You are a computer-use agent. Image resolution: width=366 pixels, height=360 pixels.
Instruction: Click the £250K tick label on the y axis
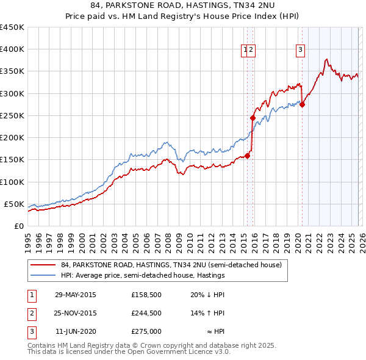point(12,115)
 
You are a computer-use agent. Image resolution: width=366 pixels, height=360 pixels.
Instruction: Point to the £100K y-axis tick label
point(12,182)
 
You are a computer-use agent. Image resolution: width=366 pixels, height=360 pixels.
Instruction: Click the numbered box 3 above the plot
point(301,51)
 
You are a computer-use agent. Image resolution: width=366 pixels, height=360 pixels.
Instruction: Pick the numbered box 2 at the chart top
point(251,51)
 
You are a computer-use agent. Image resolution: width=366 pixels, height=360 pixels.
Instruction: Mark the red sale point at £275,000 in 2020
point(303,104)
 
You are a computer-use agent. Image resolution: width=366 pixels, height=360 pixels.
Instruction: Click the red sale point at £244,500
point(253,118)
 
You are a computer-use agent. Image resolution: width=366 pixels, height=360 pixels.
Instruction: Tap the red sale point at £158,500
point(248,156)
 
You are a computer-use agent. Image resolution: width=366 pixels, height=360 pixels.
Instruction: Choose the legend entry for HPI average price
point(143,275)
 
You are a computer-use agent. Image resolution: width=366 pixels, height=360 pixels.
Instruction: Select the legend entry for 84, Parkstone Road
point(171,265)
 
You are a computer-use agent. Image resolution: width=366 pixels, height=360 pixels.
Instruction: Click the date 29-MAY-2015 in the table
point(75,294)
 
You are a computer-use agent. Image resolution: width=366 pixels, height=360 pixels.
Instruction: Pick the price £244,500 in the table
point(146,313)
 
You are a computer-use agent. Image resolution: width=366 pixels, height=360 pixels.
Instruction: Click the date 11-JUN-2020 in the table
point(75,331)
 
